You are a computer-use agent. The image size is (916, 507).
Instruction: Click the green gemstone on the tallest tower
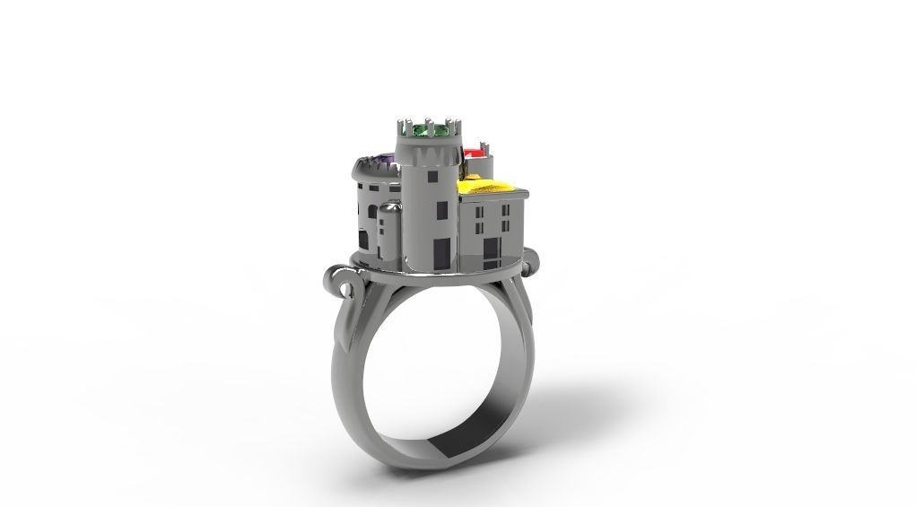coord(428,132)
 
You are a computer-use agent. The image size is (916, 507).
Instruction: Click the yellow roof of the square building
coord(491,187)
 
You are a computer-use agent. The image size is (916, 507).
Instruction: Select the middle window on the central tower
coord(441,211)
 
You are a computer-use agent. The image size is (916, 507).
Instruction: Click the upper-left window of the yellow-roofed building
coord(478,214)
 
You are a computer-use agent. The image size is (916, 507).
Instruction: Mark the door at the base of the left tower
coord(363,240)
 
